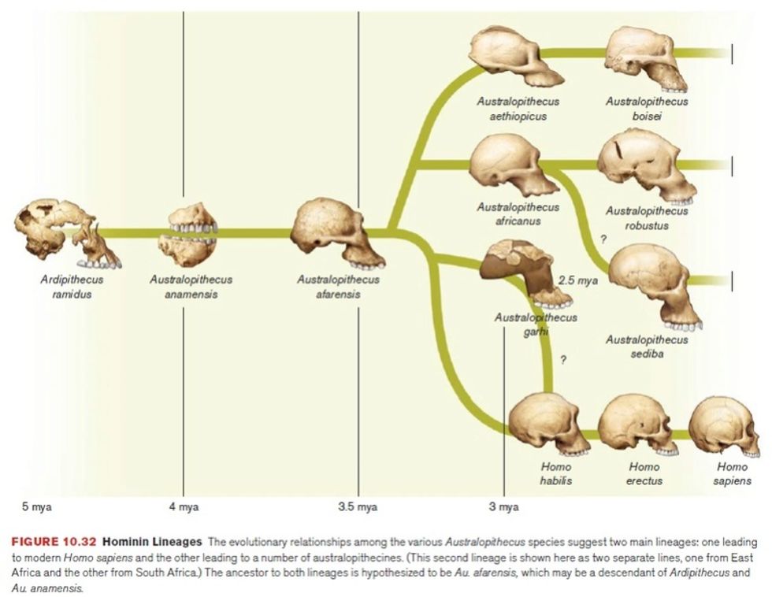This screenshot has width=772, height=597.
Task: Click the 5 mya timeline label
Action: click(36, 507)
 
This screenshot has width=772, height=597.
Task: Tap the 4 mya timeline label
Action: click(184, 507)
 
